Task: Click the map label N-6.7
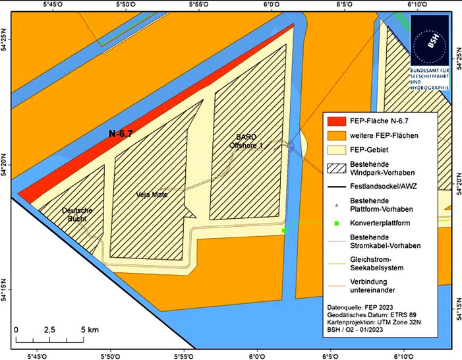pos(121,134)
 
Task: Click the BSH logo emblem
pos(429,42)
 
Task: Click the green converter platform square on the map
pos(283,231)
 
